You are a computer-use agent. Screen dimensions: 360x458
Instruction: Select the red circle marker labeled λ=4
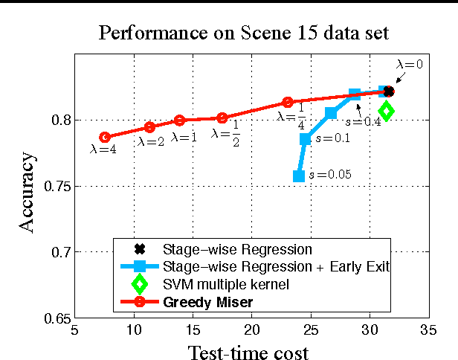tap(105, 137)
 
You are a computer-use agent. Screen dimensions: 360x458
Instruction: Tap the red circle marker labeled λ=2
tap(149, 127)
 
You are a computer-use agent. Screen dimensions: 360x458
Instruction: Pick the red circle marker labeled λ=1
tap(179, 120)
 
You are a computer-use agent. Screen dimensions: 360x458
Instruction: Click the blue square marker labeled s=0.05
tap(299, 176)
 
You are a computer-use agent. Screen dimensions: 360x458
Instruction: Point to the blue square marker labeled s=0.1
tap(305, 139)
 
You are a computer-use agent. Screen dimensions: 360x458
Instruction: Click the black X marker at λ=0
tap(388, 91)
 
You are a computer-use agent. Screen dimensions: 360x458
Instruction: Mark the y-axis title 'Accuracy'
tap(27, 192)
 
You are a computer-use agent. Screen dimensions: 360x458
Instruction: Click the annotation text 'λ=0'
tap(409, 65)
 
